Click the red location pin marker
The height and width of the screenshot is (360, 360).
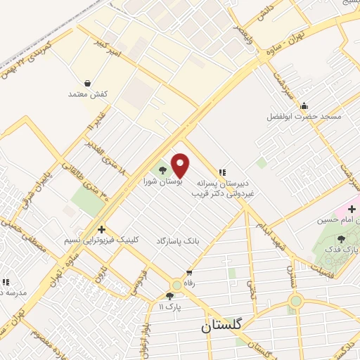[x=181, y=165]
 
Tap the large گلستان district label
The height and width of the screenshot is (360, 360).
[x=221, y=326]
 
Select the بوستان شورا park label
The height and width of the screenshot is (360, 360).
[x=163, y=181]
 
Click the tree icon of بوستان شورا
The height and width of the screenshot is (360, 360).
[x=162, y=169]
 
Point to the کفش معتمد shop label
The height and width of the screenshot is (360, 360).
[x=86, y=94]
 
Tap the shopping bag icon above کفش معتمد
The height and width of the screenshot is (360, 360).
[x=86, y=83]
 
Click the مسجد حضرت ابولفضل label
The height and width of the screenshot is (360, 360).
[x=304, y=116]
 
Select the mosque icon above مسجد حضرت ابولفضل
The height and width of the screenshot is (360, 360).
[x=304, y=106]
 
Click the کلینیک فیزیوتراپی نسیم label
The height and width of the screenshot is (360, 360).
[x=102, y=240]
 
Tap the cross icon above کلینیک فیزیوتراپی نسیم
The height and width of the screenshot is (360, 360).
[x=102, y=229]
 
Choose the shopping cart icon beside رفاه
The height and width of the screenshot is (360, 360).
[x=188, y=274]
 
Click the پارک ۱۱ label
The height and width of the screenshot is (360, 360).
[x=169, y=307]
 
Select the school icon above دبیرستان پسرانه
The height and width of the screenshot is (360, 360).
[x=223, y=171]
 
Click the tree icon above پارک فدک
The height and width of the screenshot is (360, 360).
[x=342, y=239]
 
